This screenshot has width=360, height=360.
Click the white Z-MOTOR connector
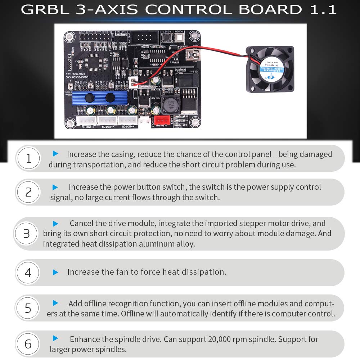tap(86, 120)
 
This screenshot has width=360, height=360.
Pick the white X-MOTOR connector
tap(128, 120)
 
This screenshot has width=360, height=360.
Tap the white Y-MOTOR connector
tap(107, 120)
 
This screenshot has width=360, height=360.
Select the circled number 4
tap(28, 273)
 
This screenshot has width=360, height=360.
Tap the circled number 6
tap(28, 344)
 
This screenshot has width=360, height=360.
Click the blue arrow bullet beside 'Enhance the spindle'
tap(55, 338)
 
